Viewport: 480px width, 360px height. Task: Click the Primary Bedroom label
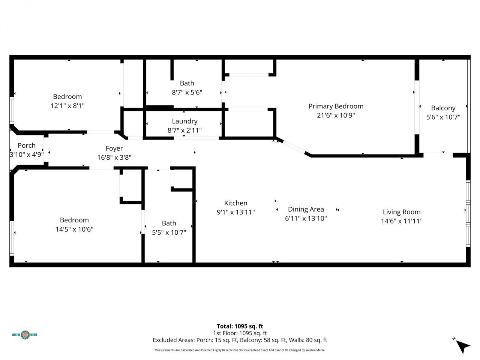tap(336, 106)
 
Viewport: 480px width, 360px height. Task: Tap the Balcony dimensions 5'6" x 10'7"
tap(443, 117)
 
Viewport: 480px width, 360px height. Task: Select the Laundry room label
tap(184, 121)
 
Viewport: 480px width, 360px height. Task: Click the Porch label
tap(27, 145)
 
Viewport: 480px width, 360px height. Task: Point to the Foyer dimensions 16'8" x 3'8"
tap(114, 157)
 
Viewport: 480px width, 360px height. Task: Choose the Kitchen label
tap(235, 203)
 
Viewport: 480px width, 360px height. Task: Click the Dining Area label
tap(306, 209)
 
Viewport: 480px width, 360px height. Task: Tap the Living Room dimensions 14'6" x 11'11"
tap(402, 221)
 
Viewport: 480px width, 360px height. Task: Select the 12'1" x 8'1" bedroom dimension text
tap(67, 106)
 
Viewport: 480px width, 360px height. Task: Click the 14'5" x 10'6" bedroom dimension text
tap(74, 229)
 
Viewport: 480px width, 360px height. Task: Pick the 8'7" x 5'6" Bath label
tap(187, 83)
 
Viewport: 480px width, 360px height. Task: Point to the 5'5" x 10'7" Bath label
tap(169, 223)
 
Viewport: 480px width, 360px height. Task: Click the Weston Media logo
tap(25, 334)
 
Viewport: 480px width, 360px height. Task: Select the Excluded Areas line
tap(240, 340)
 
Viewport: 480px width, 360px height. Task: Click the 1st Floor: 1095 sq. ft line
tap(240, 333)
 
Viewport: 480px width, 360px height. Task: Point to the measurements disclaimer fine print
tap(240, 350)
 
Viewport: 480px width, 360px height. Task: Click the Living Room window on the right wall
tap(468, 214)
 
